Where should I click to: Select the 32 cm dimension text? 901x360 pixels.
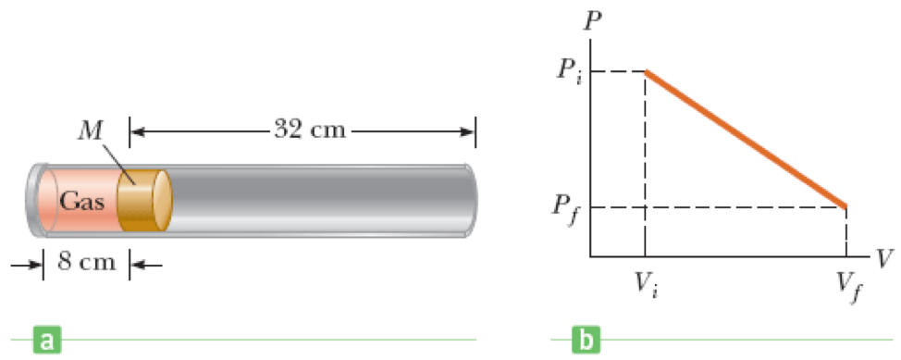tap(309, 130)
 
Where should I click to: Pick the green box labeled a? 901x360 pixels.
tap(43, 341)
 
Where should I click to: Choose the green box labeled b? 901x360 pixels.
tap(586, 341)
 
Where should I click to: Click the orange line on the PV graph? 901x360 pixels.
tap(746, 139)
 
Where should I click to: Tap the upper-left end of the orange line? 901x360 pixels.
tap(647, 72)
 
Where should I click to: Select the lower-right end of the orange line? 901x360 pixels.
tap(845, 205)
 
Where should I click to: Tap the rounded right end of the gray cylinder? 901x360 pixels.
tap(475, 198)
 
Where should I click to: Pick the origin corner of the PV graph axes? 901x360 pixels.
tap(590, 254)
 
